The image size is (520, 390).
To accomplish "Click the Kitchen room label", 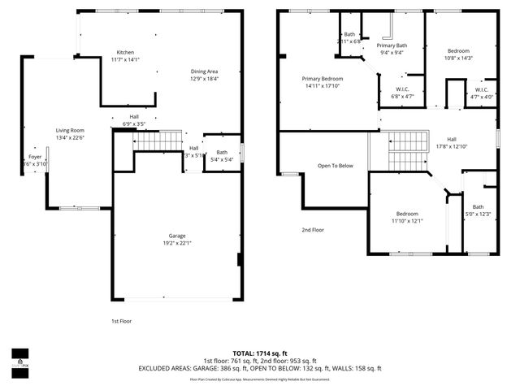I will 125,52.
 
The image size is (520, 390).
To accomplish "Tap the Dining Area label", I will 204,71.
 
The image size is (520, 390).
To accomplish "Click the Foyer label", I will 35,156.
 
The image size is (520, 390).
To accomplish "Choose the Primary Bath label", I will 390,45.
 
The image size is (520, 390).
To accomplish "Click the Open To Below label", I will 336,166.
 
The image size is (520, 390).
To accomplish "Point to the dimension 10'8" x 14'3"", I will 457,58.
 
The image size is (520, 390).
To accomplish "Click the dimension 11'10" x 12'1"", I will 407,221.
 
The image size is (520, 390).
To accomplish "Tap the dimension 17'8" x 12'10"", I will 452,147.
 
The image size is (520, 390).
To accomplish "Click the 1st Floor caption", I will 120,321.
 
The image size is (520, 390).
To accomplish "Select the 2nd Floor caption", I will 313,230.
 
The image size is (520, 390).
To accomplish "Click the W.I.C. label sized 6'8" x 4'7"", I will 403,93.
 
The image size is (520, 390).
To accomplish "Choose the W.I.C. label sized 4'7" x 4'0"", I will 482,93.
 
